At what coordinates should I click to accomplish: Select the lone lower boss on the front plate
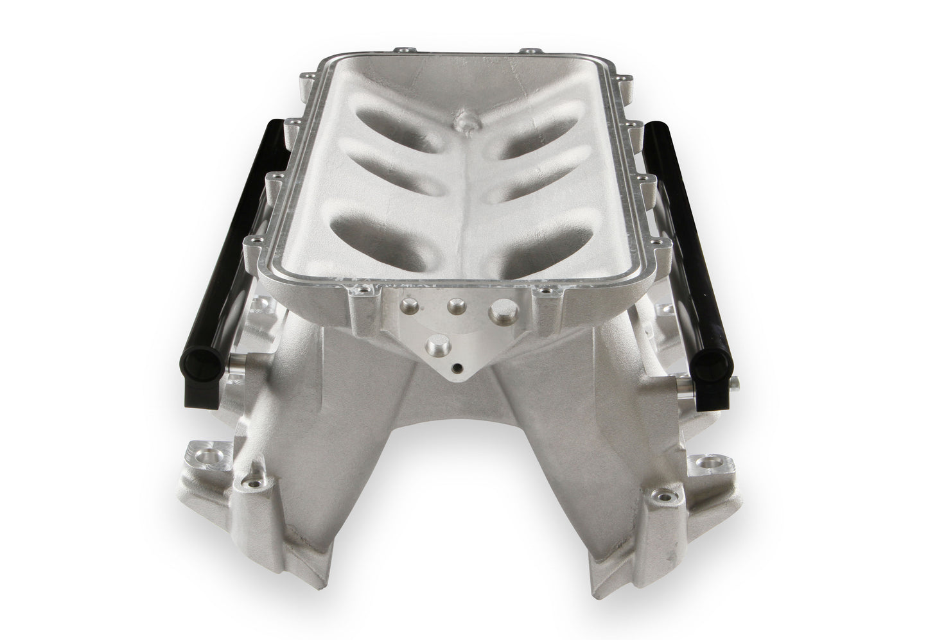coord(435,342)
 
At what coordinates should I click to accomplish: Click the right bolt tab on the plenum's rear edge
coord(526,51)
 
